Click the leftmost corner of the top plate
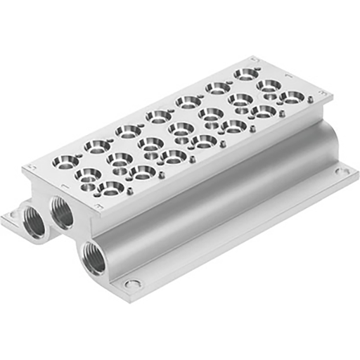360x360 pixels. pos(25,168)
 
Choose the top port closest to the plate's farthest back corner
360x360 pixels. pos(245,73)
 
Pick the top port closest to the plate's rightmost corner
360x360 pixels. pos(292,96)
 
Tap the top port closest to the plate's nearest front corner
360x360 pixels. pos(111,187)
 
